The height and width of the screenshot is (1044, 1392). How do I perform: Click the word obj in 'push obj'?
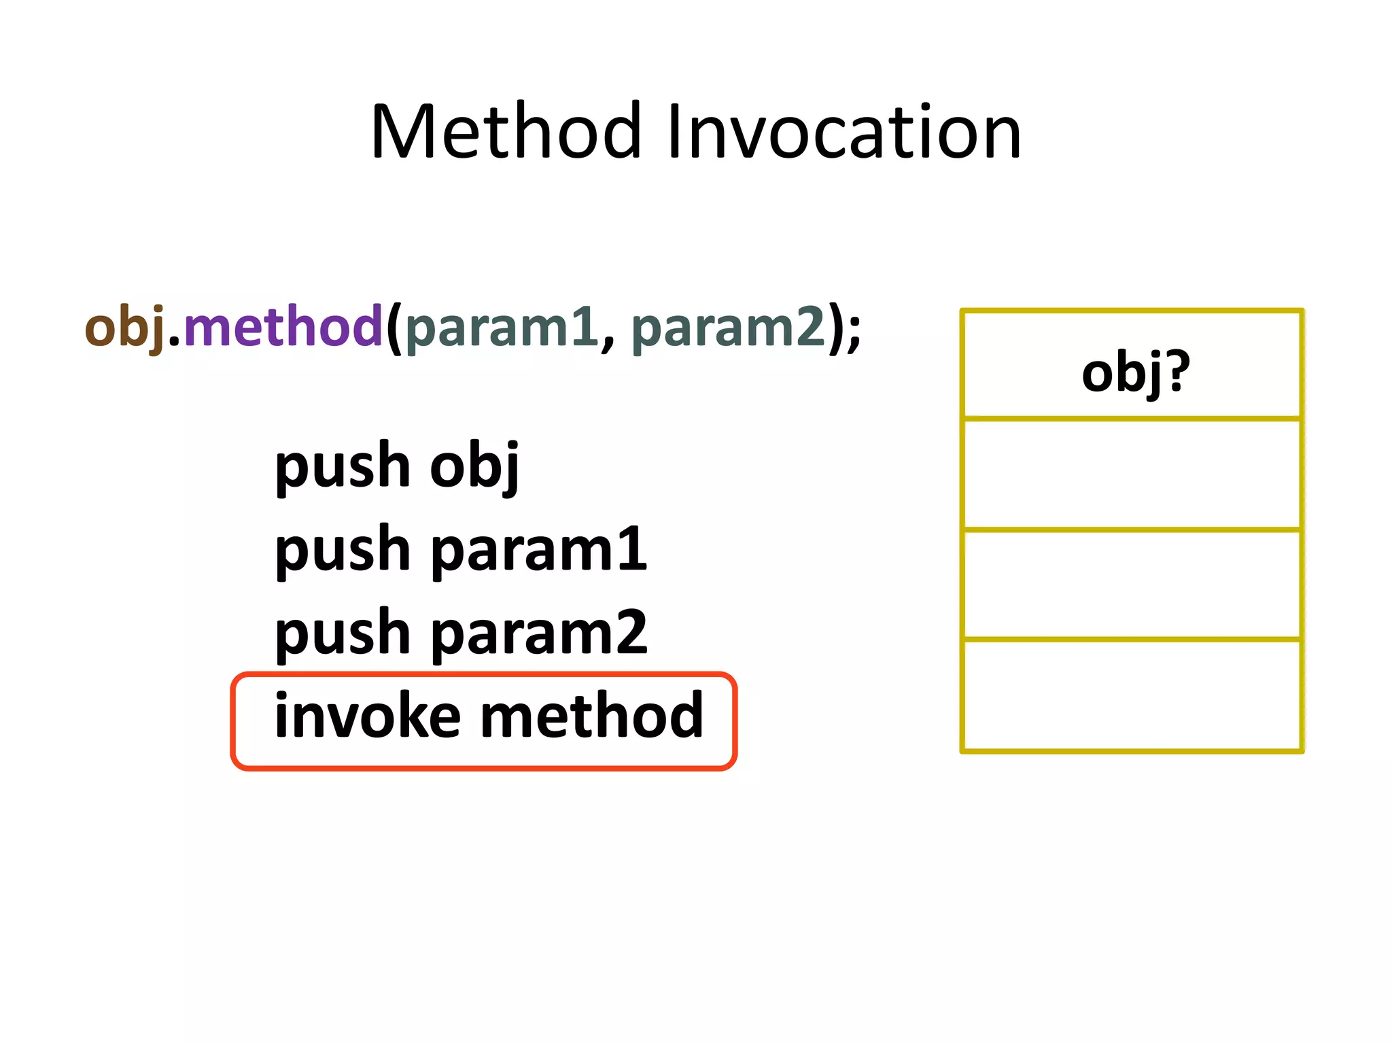click(474, 466)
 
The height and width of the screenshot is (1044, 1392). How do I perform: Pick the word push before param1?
click(343, 551)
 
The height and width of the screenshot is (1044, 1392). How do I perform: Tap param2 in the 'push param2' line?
click(539, 633)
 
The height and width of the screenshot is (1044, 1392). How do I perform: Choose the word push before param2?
click(343, 634)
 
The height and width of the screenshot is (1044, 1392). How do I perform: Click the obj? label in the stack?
click(1135, 372)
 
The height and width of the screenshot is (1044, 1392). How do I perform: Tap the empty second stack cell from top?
click(1132, 474)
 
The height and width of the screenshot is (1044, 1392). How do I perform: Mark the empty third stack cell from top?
click(1132, 584)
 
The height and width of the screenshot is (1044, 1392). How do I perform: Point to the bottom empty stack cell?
click(1132, 695)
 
